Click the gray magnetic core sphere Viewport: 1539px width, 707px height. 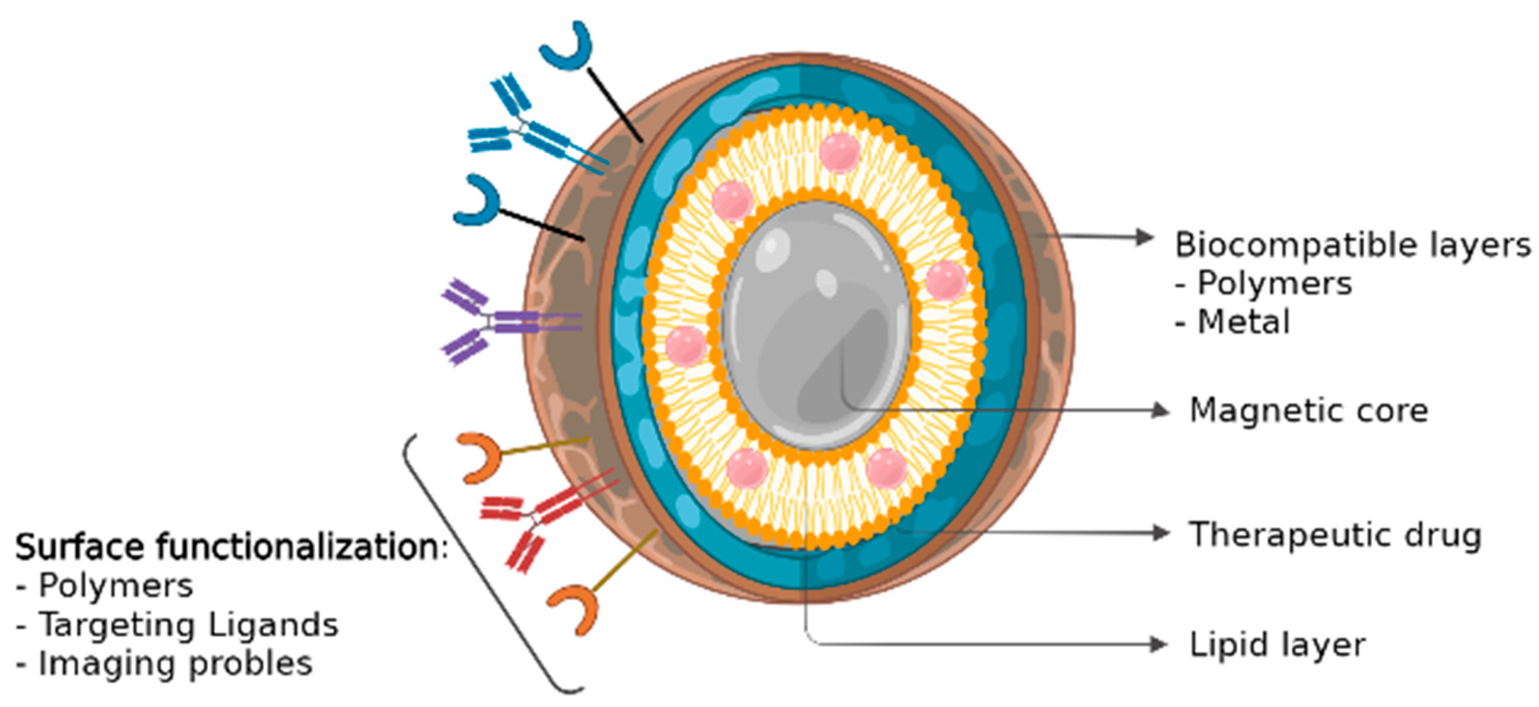[815, 326]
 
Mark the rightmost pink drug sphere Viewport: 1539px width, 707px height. [945, 280]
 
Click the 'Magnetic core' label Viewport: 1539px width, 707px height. [1309, 411]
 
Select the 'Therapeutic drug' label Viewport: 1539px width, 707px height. [1335, 535]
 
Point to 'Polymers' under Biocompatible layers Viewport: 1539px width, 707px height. [1274, 283]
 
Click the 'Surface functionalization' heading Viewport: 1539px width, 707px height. [230, 547]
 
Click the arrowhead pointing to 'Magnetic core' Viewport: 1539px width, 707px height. [1160, 411]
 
